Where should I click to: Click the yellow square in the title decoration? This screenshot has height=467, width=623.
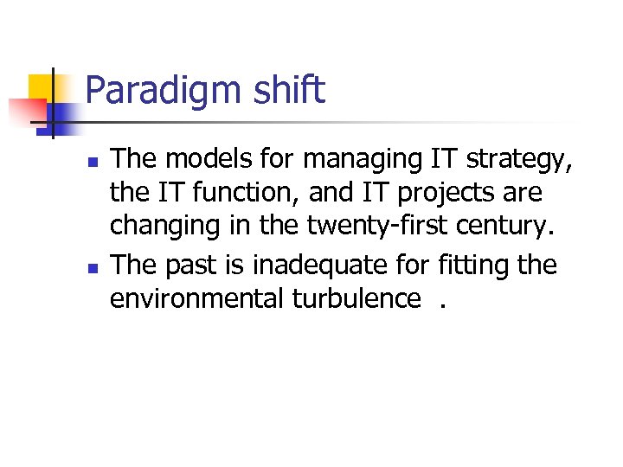pyautogui.click(x=42, y=87)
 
